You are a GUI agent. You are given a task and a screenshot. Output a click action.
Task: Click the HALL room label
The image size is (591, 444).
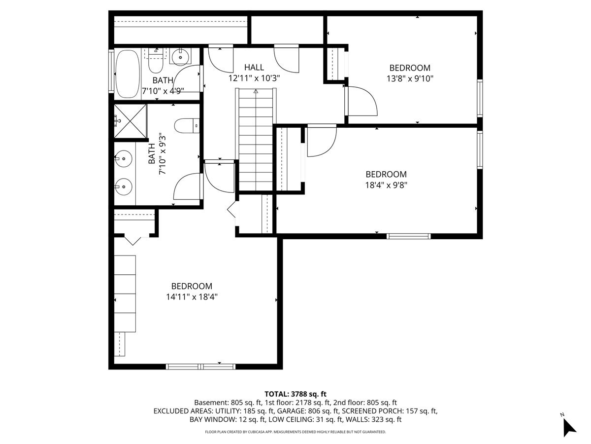coord(254,67)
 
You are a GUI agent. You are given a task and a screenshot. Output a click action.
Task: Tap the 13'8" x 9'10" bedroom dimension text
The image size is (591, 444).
coord(410,79)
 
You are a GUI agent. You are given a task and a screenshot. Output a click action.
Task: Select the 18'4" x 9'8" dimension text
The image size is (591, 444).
coord(386,185)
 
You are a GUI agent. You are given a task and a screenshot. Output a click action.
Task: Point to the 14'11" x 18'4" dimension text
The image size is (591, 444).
coord(192,297)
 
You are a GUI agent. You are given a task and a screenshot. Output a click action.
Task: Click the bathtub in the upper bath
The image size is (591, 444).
coord(128,74)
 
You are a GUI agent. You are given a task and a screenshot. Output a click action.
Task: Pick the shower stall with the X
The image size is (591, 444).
coord(131,121)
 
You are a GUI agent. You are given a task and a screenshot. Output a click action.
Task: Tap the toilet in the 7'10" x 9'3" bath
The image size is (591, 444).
coord(187,126)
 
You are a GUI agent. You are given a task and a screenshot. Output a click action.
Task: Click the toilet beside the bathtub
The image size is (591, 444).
coord(156,62)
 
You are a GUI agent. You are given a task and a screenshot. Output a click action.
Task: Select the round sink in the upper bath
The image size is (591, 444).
coord(180,57)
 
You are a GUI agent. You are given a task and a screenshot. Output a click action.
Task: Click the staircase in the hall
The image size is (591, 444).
coord(256,140)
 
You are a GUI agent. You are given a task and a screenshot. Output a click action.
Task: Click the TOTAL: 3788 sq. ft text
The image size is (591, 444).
coord(295,394)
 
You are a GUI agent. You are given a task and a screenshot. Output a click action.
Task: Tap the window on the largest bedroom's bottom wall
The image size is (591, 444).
coord(200,367)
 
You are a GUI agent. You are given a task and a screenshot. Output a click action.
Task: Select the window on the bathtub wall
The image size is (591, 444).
coord(111,71)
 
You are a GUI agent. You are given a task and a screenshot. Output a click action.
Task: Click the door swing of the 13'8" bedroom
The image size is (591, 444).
coord(361,101)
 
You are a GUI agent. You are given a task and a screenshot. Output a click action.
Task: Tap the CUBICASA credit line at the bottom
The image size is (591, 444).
coord(295,432)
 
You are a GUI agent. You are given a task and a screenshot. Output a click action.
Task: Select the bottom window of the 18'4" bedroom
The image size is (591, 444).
coord(408,236)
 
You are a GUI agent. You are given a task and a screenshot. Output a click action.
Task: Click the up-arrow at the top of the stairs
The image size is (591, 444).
coord(256,91)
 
